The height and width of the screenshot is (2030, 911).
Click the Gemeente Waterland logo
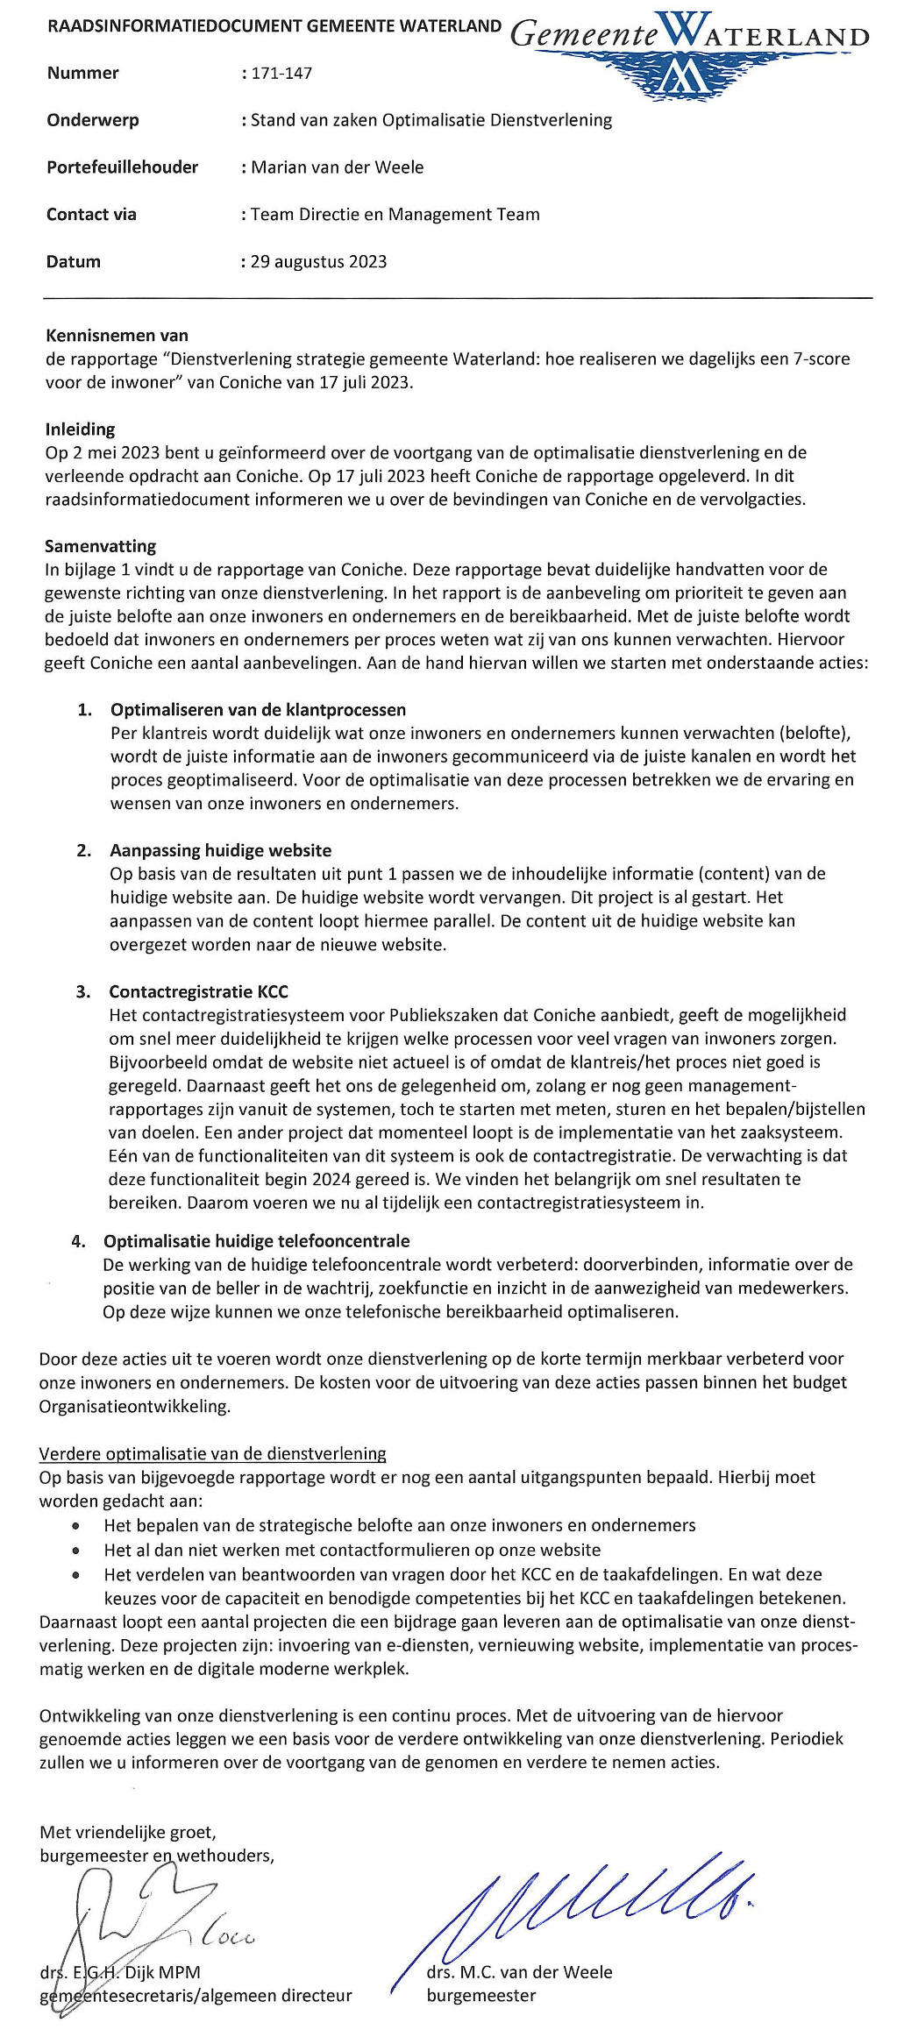tap(689, 53)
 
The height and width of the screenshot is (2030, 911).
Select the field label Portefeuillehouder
tap(122, 167)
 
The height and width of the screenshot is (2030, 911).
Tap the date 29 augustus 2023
tap(318, 261)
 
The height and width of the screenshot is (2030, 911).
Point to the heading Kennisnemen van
tap(117, 335)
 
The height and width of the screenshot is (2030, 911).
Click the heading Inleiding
tap(80, 429)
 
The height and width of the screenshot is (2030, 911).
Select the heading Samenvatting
tap(100, 546)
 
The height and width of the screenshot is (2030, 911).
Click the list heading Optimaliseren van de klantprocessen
tap(258, 709)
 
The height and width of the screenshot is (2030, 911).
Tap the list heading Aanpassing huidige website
tap(220, 850)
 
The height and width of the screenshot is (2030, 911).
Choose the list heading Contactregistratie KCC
tap(198, 991)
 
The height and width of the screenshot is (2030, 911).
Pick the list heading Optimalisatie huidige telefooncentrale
tap(256, 1241)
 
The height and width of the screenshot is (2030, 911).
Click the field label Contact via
tap(91, 215)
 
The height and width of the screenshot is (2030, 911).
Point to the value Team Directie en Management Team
tap(395, 215)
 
